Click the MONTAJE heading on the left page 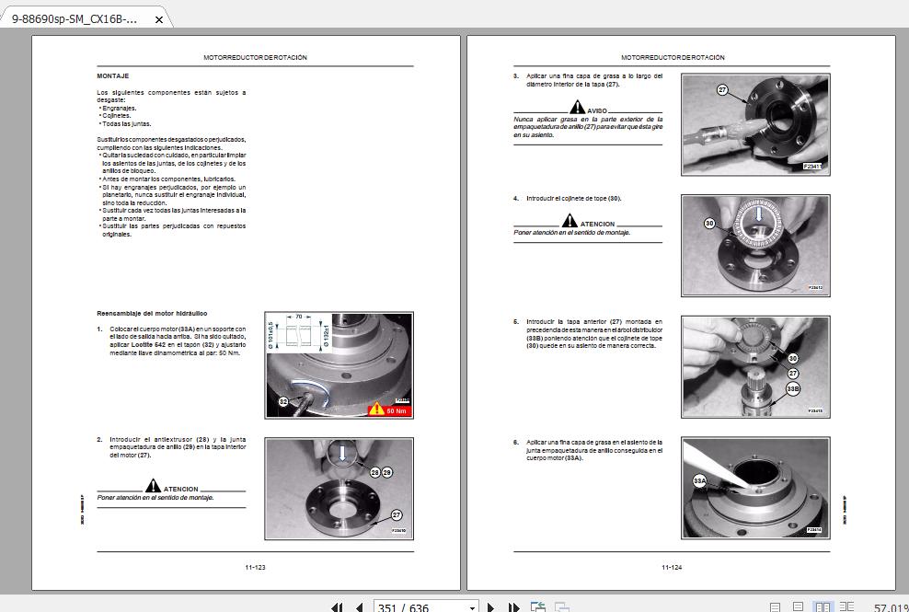pyautogui.click(x=112, y=75)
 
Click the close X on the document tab pyautogui.click(x=159, y=18)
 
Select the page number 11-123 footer pyautogui.click(x=255, y=567)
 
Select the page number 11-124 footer pyautogui.click(x=672, y=567)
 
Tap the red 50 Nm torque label pyautogui.click(x=389, y=410)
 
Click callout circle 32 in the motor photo pyautogui.click(x=283, y=402)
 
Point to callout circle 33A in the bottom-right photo pyautogui.click(x=699, y=480)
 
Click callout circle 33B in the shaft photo pyautogui.click(x=792, y=389)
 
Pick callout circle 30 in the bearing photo pyautogui.click(x=709, y=224)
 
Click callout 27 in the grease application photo pyautogui.click(x=722, y=89)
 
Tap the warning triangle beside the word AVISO pyautogui.click(x=577, y=108)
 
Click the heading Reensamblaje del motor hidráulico pyautogui.click(x=152, y=314)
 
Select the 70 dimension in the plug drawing pyautogui.click(x=299, y=315)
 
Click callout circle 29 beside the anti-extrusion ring pyautogui.click(x=387, y=471)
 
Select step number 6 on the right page pyautogui.click(x=516, y=443)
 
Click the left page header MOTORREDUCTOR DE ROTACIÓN pyautogui.click(x=255, y=57)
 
